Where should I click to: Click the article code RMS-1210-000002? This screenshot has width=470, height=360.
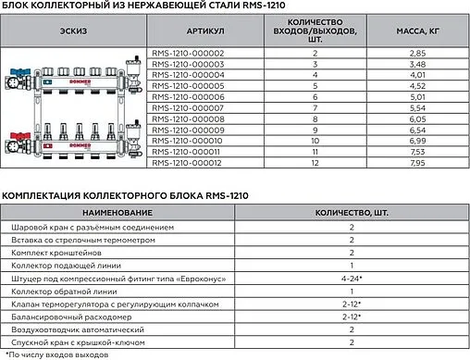188,54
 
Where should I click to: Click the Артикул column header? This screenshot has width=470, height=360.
188,31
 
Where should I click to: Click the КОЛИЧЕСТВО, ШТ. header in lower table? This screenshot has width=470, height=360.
352,213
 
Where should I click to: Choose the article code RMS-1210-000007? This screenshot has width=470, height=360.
188,109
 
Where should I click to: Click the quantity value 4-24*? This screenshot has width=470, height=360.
352,278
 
